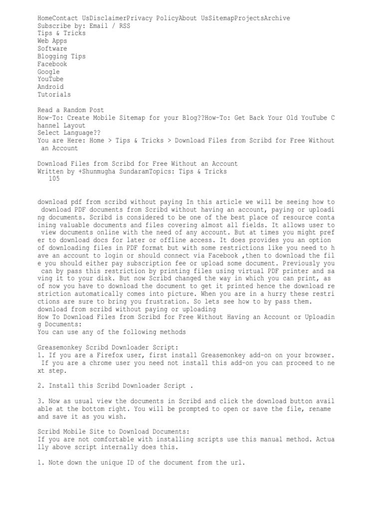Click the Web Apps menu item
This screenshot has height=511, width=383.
tap(52, 41)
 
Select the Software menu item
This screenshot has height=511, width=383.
tap(52, 49)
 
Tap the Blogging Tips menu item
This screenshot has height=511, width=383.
tap(62, 56)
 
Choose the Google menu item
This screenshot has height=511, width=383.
tap(49, 72)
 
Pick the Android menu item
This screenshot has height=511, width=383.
tap(50, 87)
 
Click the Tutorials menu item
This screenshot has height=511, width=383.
tap(54, 94)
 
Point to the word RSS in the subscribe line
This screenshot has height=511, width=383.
tap(125, 26)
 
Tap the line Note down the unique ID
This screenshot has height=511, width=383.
tap(142, 463)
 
